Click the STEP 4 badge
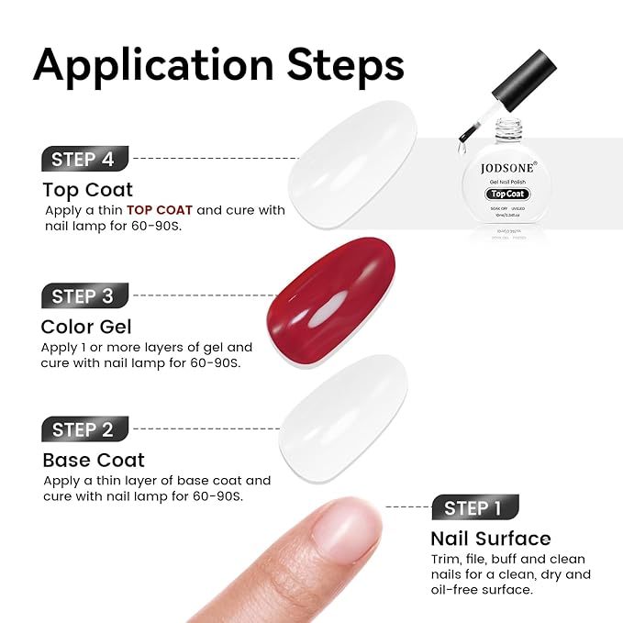click(83, 159)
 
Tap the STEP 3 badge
click(83, 296)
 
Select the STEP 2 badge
click(83, 429)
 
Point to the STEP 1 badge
click(473, 507)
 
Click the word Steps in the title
click(346, 66)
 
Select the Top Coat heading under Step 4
click(88, 190)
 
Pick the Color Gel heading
click(86, 327)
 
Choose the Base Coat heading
click(94, 460)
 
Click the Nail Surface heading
click(491, 539)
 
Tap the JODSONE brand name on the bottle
click(506, 169)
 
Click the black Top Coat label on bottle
click(507, 194)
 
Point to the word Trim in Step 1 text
click(445, 559)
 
